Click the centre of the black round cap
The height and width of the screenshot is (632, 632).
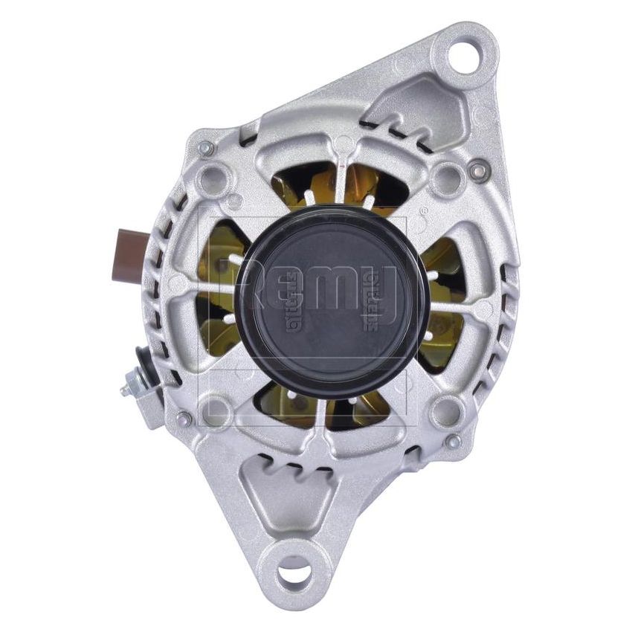tap(332, 302)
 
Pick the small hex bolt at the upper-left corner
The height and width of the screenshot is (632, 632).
tap(206, 149)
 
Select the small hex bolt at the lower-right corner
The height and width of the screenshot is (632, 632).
tap(453, 442)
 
